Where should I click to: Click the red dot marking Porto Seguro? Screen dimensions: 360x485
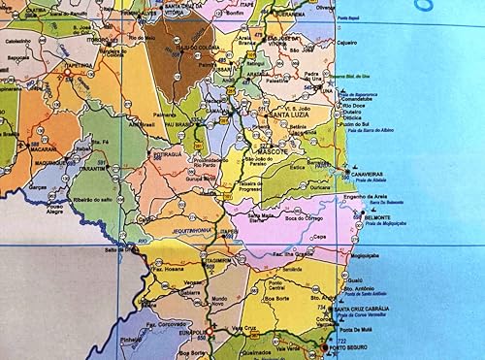[323, 344]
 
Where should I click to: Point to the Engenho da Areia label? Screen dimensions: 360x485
[365, 196]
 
